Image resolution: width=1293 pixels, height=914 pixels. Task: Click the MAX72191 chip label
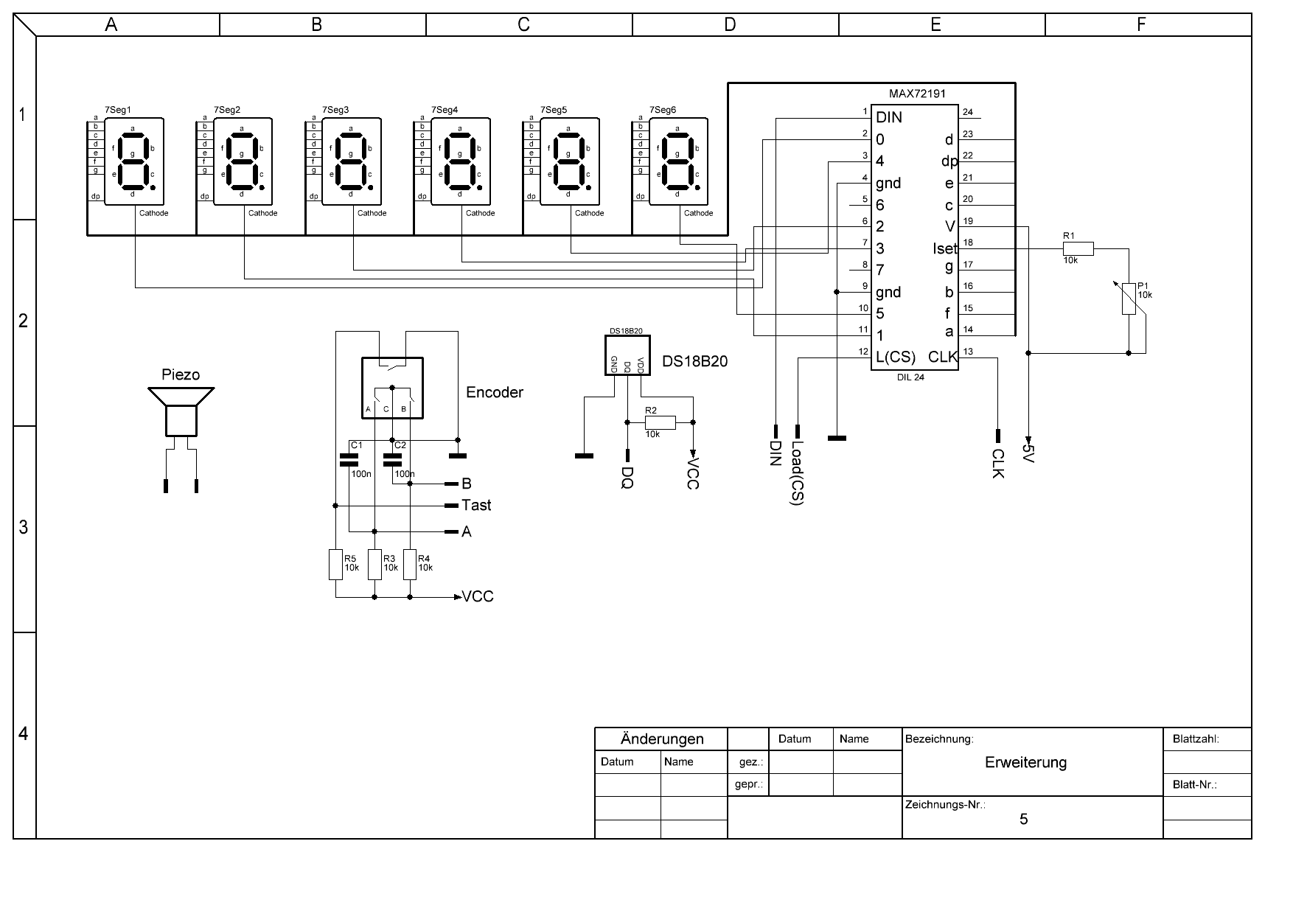(917, 94)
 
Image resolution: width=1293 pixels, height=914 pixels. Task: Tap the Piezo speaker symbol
(181, 412)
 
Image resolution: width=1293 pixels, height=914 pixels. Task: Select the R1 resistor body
(1077, 249)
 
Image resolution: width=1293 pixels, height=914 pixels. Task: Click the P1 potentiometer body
(1129, 299)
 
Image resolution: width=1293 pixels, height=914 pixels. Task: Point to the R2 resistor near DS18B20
(660, 422)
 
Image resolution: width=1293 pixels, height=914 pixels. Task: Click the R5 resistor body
(335, 565)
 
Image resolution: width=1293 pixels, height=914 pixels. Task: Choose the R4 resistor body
(410, 565)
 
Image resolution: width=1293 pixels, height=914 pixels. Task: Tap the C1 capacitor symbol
(348, 460)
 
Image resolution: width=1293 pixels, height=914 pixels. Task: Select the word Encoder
(495, 392)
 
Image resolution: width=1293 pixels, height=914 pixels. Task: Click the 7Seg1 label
(118, 110)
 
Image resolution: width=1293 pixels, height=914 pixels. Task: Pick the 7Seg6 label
(663, 110)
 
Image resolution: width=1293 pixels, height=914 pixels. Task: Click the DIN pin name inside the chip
(889, 117)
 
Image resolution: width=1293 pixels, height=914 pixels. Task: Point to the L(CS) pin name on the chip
(896, 357)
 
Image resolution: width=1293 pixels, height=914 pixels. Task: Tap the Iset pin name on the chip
(944, 249)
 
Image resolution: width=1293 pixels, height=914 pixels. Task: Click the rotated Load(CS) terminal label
(797, 472)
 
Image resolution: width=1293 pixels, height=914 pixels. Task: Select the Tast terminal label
(476, 506)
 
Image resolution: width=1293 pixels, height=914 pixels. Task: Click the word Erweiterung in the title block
(1025, 762)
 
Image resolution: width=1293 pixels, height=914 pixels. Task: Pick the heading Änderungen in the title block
(662, 739)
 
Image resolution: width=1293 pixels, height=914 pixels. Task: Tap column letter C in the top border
(523, 24)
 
